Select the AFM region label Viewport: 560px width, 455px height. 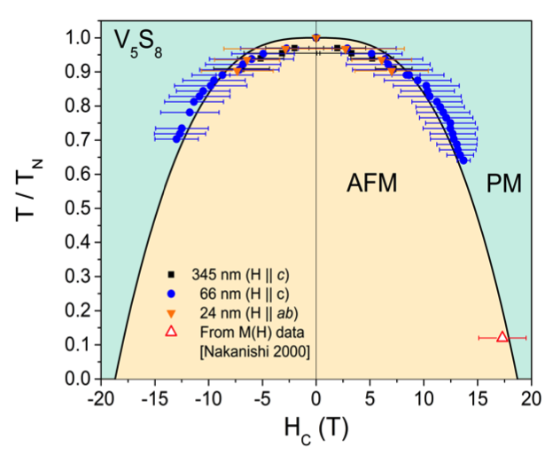[x=370, y=184]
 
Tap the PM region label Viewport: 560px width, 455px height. [x=505, y=184]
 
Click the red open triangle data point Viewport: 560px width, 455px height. [x=502, y=337]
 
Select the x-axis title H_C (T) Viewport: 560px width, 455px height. [x=316, y=428]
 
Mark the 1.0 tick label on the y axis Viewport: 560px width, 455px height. [x=79, y=38]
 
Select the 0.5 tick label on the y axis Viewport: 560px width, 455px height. [x=79, y=208]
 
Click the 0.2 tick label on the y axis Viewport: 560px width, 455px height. [x=79, y=310]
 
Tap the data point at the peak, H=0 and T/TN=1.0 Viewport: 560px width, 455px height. [x=316, y=37]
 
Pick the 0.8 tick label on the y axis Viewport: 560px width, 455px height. [x=79, y=106]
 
